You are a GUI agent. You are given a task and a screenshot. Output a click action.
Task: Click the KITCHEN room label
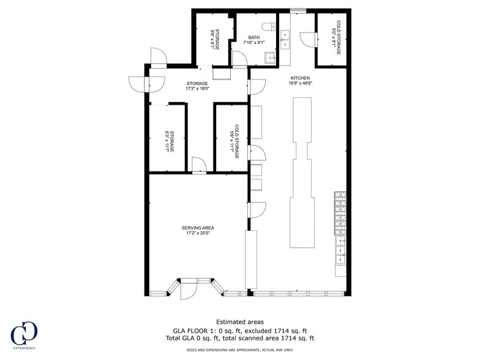[x=300, y=78]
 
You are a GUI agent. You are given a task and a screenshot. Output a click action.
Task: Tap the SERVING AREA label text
[x=197, y=228]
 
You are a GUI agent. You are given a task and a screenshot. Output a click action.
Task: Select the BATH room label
[x=253, y=37]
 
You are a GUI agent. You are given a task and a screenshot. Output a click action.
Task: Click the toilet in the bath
[x=267, y=26]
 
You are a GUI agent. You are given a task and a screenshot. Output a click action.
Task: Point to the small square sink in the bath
[x=269, y=58]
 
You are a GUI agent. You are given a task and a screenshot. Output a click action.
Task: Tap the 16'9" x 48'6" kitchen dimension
[x=300, y=84]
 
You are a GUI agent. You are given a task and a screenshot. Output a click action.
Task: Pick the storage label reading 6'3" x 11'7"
[x=170, y=141]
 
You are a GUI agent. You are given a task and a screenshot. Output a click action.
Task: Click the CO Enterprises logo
[x=24, y=334]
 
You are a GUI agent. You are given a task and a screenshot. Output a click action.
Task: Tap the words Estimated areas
[x=240, y=322]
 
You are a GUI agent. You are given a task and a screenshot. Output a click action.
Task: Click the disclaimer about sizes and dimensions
[x=239, y=350]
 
